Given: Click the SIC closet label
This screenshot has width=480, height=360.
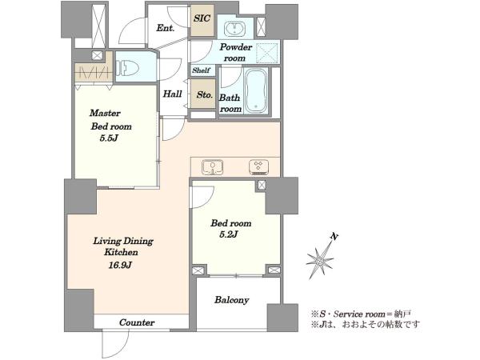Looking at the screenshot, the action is [x=202, y=18].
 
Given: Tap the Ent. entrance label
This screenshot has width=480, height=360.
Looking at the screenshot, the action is [x=166, y=28].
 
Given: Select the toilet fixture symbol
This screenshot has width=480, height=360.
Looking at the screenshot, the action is [x=127, y=67].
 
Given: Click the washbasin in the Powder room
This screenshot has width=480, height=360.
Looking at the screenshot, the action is [x=234, y=29].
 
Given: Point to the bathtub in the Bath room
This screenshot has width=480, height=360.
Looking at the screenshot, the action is [x=256, y=91].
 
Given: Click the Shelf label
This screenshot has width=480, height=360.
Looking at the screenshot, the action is [x=201, y=70].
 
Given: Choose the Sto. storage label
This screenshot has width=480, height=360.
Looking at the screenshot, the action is [x=204, y=95].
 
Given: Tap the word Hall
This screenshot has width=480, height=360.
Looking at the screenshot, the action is [x=172, y=94].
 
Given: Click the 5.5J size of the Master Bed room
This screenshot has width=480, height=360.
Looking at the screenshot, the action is [x=109, y=138].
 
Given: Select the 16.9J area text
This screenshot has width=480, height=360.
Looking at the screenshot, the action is [x=120, y=265].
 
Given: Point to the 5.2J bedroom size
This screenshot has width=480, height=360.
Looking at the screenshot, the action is [x=229, y=234].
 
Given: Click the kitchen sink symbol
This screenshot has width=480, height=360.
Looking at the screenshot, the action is [x=213, y=167].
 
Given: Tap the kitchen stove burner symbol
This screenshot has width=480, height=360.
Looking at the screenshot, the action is [x=258, y=167].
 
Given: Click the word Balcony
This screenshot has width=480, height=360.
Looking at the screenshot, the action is [x=231, y=300].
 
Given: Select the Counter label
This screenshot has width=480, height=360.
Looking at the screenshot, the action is [x=137, y=322].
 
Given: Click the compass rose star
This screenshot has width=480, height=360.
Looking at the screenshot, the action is [x=320, y=261].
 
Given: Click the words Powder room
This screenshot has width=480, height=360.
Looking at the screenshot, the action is [x=235, y=52].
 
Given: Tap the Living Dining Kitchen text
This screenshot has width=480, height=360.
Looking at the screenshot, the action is [x=123, y=246].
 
